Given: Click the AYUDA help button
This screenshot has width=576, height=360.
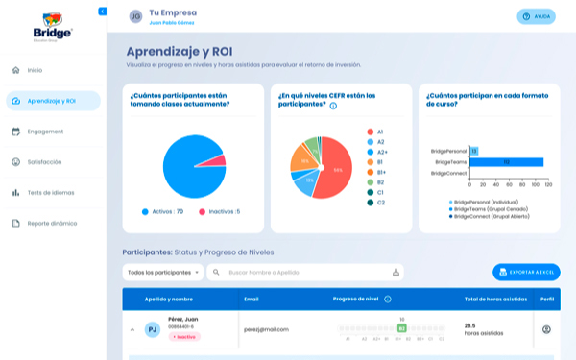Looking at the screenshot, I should (x=536, y=16).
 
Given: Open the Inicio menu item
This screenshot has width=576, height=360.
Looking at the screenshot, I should (x=35, y=70).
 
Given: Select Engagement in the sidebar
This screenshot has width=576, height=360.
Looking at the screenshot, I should (x=45, y=132).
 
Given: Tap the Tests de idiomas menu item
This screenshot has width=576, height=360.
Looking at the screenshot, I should (x=51, y=193).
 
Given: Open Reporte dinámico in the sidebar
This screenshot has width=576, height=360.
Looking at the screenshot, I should (x=52, y=224).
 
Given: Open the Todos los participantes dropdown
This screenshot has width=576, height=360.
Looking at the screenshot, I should (x=164, y=273).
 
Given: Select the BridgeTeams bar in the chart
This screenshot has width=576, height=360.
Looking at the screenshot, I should (x=506, y=162).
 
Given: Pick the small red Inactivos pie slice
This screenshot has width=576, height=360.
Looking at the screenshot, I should (x=218, y=161).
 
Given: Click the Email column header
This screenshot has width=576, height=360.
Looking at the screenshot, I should (x=252, y=299).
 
